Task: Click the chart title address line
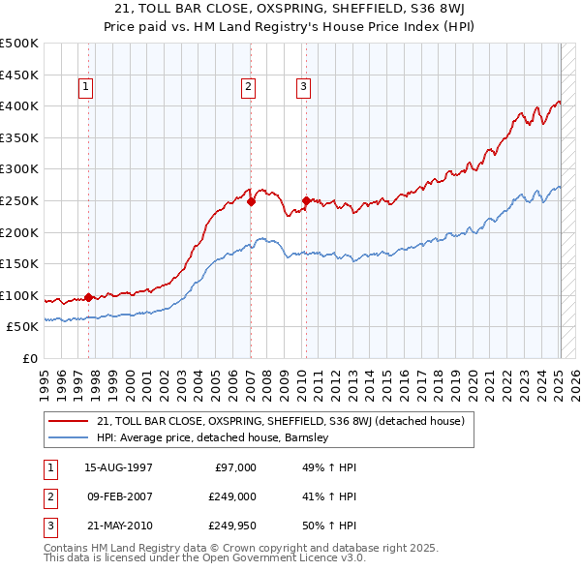pyautogui.click(x=290, y=9)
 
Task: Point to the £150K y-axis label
pyautogui.click(x=19, y=263)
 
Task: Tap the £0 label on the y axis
pyautogui.click(x=31, y=358)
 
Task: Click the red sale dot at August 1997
pyautogui.click(x=88, y=297)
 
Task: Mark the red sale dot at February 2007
pyautogui.click(x=251, y=201)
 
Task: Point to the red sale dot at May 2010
pyautogui.click(x=306, y=201)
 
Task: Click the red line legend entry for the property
pyautogui.click(x=281, y=421)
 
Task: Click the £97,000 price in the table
pyautogui.click(x=235, y=467)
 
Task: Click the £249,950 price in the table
pyautogui.click(x=232, y=527)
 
